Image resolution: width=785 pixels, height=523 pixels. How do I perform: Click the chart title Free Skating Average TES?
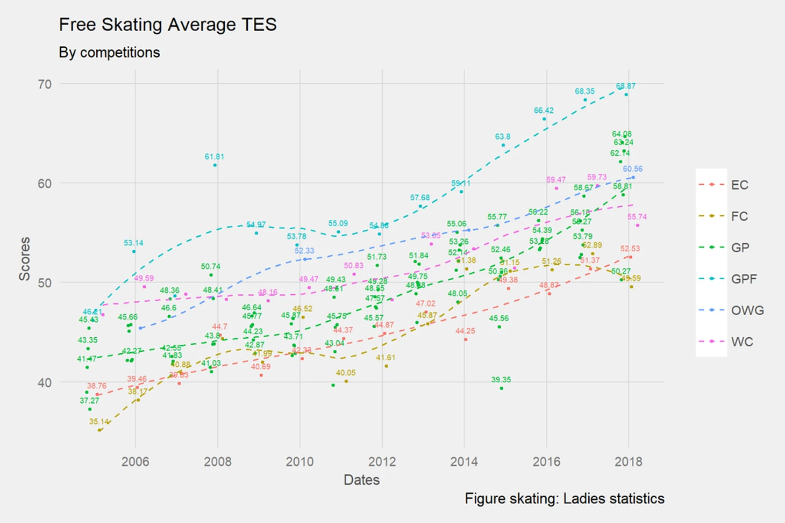tap(167, 25)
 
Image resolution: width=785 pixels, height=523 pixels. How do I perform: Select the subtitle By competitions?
tap(109, 53)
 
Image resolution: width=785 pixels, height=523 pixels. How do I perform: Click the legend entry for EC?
tap(739, 185)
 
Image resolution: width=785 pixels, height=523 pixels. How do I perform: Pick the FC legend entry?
tap(739, 216)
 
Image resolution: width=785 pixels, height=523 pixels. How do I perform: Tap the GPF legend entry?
tap(743, 279)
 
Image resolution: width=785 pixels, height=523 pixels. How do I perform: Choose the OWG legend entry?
tap(746, 310)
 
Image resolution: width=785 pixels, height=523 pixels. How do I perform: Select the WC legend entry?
tap(741, 342)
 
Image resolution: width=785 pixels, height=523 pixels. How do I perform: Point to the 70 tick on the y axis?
tap(45, 84)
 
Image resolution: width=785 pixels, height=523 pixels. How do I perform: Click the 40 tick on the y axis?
tap(45, 383)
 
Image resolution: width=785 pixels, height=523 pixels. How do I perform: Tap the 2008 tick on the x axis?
tap(218, 462)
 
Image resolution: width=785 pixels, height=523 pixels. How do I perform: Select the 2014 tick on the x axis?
tap(464, 462)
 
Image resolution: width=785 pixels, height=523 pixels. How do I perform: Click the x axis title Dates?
tap(361, 480)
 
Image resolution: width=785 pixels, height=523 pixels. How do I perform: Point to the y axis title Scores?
tap(25, 259)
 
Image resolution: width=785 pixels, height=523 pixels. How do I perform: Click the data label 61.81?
tap(214, 157)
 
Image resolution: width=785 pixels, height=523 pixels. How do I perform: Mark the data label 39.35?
tap(501, 380)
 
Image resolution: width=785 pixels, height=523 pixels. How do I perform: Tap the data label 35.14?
tap(99, 422)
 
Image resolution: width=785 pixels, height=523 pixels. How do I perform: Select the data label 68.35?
tap(584, 91)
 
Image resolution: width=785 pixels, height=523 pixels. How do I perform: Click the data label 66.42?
tap(544, 111)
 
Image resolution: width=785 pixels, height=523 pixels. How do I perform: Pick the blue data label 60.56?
tap(633, 169)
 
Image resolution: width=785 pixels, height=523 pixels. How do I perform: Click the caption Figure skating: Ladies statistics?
tap(565, 499)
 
